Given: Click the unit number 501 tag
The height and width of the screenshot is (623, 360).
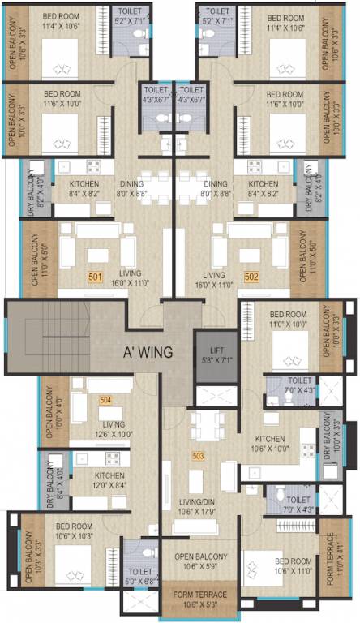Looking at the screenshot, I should coord(96,277).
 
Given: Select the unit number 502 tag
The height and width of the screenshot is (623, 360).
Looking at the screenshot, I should coord(251,277).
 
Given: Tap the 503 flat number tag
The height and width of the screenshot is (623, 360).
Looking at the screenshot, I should coord(198,456).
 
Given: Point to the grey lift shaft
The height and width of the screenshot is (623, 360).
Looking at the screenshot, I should coord(215,354).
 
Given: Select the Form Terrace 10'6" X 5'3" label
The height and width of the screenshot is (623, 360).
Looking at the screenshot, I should coord(200,599).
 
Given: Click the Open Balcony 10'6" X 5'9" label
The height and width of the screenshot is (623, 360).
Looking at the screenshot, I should coord(200,561).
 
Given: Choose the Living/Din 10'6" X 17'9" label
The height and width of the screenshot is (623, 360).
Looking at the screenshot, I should coord(198,507).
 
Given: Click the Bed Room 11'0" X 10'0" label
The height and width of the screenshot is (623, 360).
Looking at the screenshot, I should coord(288,319).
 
